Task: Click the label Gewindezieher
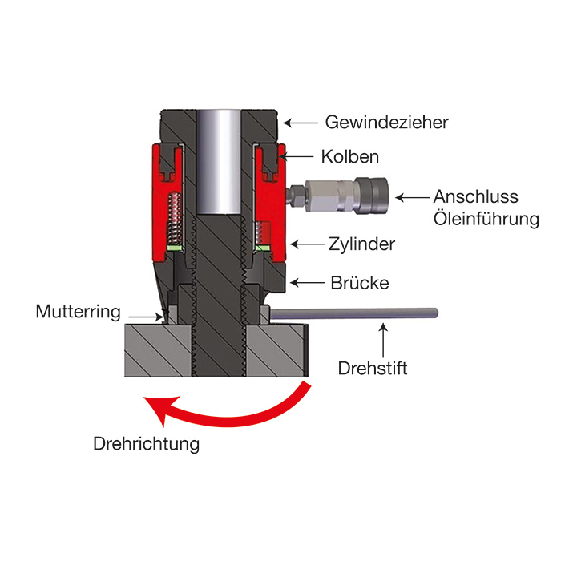(386, 123)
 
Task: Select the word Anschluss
(476, 196)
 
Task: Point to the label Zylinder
(362, 243)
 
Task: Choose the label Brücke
(359, 282)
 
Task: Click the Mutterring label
(77, 311)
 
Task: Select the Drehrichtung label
(146, 443)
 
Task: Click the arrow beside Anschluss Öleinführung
(414, 196)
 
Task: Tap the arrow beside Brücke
(305, 282)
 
